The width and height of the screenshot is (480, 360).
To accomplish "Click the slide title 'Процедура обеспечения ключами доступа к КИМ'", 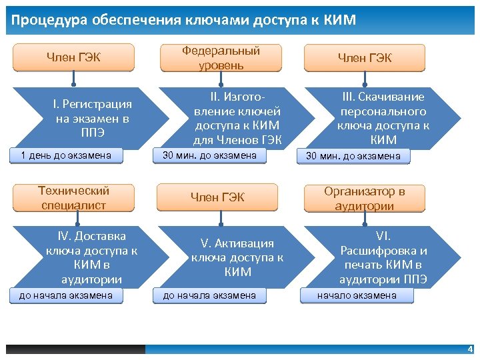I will pyautogui.click(x=183, y=20).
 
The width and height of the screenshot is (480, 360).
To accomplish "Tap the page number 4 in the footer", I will pyautogui.click(x=470, y=349).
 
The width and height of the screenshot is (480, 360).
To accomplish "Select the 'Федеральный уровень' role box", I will pyautogui.click(x=221, y=58).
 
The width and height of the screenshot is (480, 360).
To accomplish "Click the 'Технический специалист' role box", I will pyautogui.click(x=73, y=197).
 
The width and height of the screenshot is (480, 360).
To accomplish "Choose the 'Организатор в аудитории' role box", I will pyautogui.click(x=364, y=198).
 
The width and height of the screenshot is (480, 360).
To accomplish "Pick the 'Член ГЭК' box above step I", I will pyautogui.click(x=73, y=57).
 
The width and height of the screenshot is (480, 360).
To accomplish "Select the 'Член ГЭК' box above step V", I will pyautogui.click(x=218, y=197).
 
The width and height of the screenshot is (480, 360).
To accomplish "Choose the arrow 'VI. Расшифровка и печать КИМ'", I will pyautogui.click(x=383, y=257).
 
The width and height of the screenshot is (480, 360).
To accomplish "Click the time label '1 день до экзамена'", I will pyautogui.click(x=66, y=156).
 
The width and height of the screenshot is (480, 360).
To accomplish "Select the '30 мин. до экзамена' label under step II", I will pyautogui.click(x=209, y=155).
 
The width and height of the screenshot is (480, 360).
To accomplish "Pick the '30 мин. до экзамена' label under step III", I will pyautogui.click(x=353, y=157).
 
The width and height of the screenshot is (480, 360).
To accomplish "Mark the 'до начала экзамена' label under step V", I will pyautogui.click(x=209, y=295).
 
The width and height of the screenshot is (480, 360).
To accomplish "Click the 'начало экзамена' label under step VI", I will pyautogui.click(x=356, y=295).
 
